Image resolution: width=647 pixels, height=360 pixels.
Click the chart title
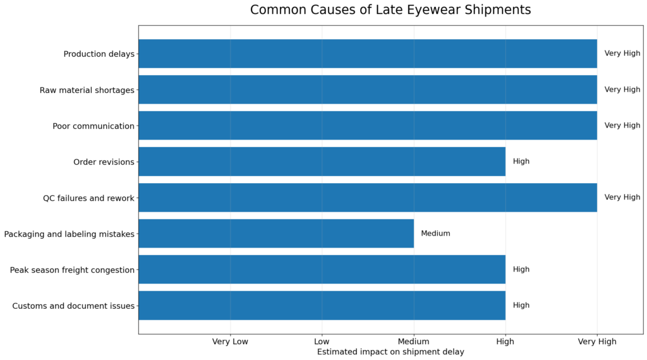390,10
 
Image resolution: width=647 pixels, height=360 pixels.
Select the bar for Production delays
367,54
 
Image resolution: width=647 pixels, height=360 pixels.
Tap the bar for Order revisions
322,162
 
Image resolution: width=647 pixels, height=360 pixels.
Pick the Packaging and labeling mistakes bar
276,234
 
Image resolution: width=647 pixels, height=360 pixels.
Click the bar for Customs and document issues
322,306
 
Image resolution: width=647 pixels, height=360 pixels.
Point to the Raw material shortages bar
367,90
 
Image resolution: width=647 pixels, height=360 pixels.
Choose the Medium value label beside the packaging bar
435,234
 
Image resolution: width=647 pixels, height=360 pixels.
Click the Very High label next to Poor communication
622,126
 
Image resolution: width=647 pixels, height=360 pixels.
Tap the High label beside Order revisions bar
521,162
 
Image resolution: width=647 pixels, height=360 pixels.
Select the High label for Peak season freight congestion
521,270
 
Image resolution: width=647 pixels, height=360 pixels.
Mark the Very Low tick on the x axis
230,342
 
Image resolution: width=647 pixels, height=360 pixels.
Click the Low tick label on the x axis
322,342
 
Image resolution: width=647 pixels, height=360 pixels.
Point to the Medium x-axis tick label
413,342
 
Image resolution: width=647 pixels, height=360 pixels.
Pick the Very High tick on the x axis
597,342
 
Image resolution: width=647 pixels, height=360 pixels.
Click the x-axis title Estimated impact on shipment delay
390,352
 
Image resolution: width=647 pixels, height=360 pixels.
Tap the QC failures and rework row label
88,198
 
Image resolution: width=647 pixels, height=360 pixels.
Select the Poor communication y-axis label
94,126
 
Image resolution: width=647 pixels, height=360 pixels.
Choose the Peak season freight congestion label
72,270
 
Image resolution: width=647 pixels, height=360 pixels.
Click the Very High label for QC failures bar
622,198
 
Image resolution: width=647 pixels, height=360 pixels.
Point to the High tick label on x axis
505,342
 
